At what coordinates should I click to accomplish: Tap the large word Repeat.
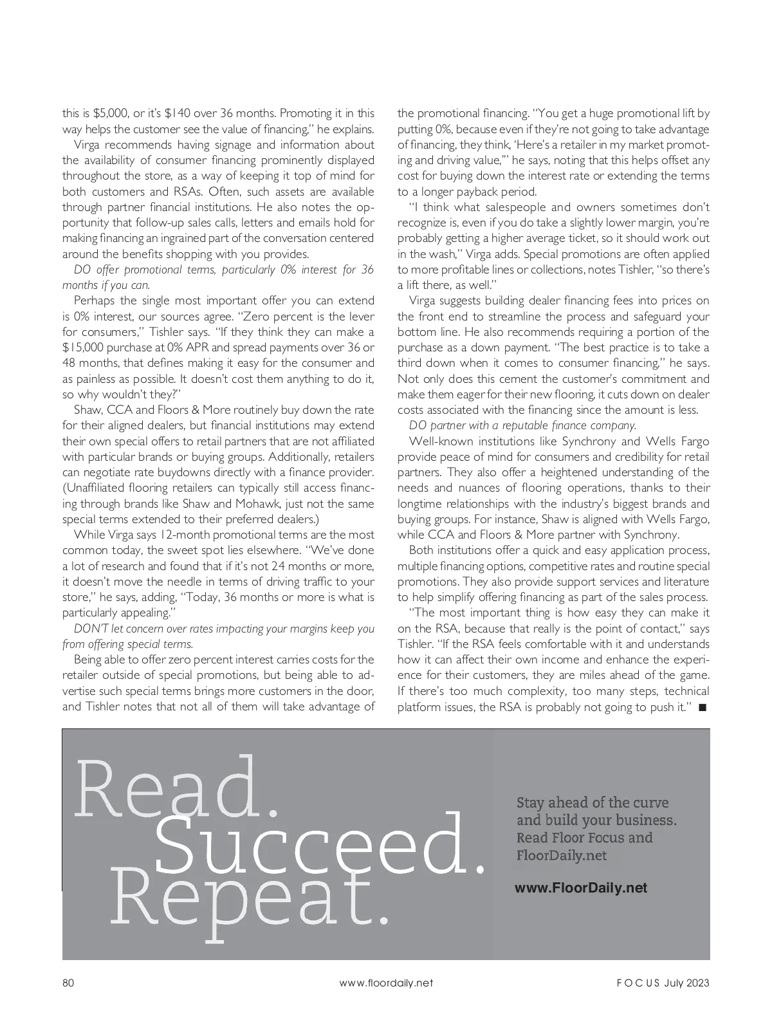(250, 897)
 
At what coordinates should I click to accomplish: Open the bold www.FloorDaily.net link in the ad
(581, 888)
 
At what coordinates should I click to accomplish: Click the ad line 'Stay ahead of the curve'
(593, 802)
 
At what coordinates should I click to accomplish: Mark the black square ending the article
(702, 707)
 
